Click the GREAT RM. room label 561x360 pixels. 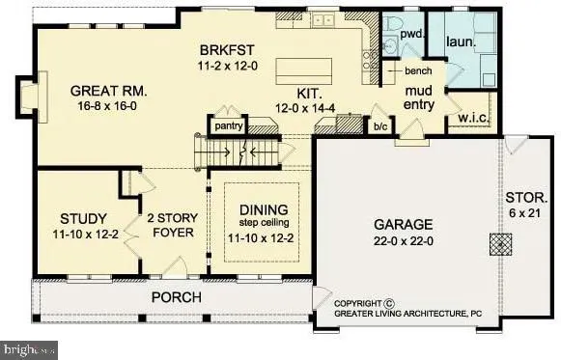pos(109,92)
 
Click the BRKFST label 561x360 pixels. pos(226,50)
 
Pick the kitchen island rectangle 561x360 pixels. pos(303,71)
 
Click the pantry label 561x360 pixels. pos(227,125)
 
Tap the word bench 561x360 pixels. pos(417,72)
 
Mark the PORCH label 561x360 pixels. pos(176,296)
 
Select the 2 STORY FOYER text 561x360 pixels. pos(170,226)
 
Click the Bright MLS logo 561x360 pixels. pos(30,348)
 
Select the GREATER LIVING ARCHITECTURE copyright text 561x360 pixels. pos(408,313)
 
